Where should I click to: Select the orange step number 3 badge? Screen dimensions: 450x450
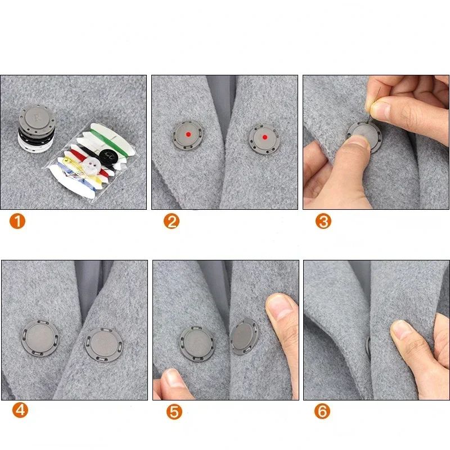(323, 221)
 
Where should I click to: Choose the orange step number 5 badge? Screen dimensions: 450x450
(174, 412)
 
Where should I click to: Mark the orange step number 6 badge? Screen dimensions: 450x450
(322, 412)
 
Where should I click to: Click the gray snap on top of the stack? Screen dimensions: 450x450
(36, 118)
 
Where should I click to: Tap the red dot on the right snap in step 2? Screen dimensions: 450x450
(264, 137)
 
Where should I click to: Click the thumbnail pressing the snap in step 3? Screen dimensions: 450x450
(357, 148)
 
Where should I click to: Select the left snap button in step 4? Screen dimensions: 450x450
(40, 339)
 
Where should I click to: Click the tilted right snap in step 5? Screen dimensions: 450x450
(244, 337)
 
